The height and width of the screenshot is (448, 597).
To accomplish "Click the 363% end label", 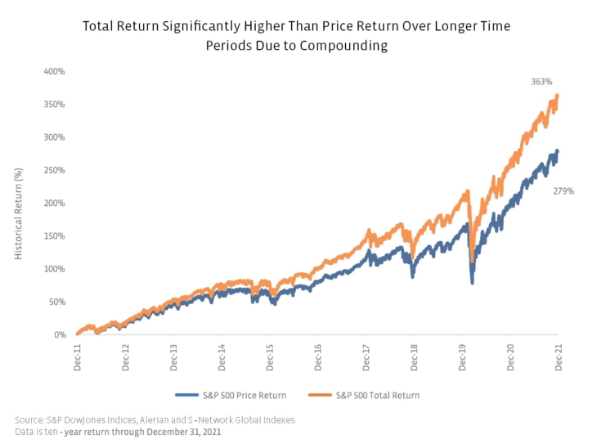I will pyautogui.click(x=541, y=83).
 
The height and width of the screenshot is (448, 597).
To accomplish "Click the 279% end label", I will pyautogui.click(x=564, y=190).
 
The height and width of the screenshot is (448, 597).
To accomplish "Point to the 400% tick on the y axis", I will pyautogui.click(x=54, y=72).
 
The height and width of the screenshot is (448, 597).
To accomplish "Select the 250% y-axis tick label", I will pyautogui.click(x=54, y=170).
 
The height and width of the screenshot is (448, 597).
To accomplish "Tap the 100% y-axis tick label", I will pyautogui.click(x=54, y=269).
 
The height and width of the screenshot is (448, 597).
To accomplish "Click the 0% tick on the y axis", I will pyautogui.click(x=59, y=334).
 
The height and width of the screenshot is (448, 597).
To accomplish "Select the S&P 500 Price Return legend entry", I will pyautogui.click(x=243, y=395).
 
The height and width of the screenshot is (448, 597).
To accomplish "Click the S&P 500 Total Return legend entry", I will pyautogui.click(x=366, y=395).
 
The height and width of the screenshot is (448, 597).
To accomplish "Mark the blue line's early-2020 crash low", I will pyautogui.click(x=472, y=282).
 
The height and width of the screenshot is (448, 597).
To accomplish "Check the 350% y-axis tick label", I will pyautogui.click(x=54, y=105).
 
